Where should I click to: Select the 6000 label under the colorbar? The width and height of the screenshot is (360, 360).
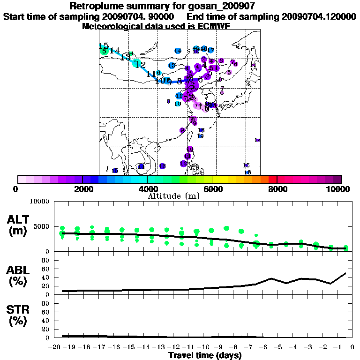point(212,189)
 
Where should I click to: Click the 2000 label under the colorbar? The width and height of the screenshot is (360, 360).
point(82,189)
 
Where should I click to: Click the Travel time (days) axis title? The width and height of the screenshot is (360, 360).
point(205,356)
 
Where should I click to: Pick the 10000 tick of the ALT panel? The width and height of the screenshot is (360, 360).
point(40,202)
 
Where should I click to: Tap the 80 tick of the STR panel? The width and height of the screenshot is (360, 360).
point(46,303)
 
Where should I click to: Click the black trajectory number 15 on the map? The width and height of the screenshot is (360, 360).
point(104,46)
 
